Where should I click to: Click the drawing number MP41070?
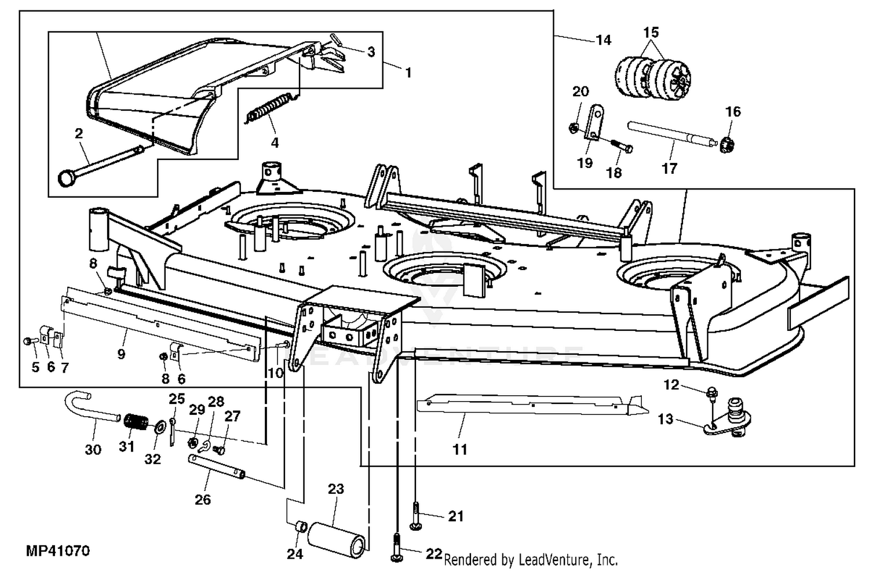58,551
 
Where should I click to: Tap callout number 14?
603,40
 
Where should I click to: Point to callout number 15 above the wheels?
651,32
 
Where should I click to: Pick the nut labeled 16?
726,145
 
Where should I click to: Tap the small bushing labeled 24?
301,527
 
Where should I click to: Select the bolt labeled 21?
415,516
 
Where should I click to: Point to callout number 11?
460,449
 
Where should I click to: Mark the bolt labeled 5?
30,341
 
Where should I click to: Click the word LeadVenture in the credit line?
550,560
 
